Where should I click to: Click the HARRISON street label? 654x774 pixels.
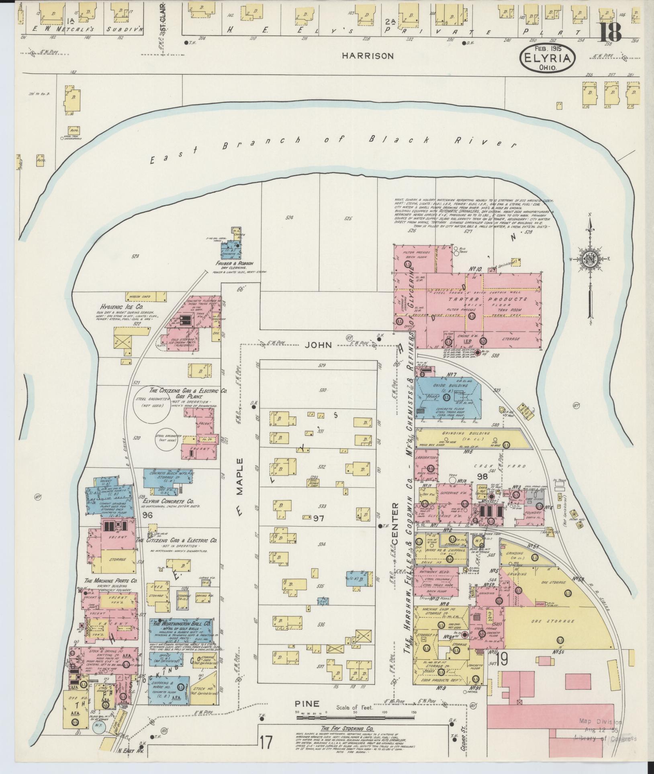(368, 56)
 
